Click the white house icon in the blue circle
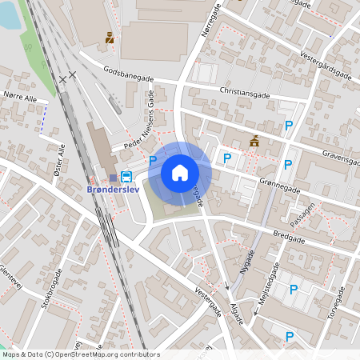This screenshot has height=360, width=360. pos(180,172)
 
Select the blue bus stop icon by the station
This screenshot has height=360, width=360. pos(126,175)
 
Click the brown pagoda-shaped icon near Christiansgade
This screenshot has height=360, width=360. pos(254,142)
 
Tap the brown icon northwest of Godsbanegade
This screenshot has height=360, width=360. pos(110,37)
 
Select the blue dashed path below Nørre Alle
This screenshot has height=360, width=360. pos(43,117)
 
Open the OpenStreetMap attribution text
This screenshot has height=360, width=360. pos(81,354)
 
